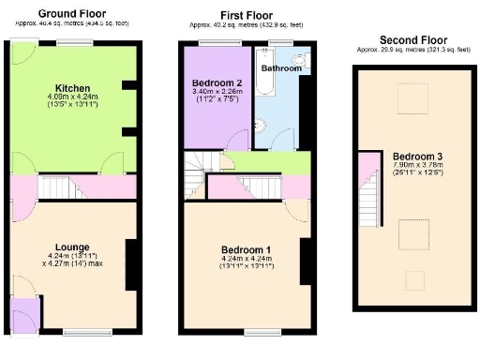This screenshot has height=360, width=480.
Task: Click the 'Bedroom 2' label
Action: pos(217,82)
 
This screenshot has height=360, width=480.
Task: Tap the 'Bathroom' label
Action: pos(280,68)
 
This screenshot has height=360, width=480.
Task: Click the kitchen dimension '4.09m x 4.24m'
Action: pos(71,96)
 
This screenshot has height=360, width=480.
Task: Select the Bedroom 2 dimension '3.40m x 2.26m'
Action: pos(217,92)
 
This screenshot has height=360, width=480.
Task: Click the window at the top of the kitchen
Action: pos(71,43)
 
